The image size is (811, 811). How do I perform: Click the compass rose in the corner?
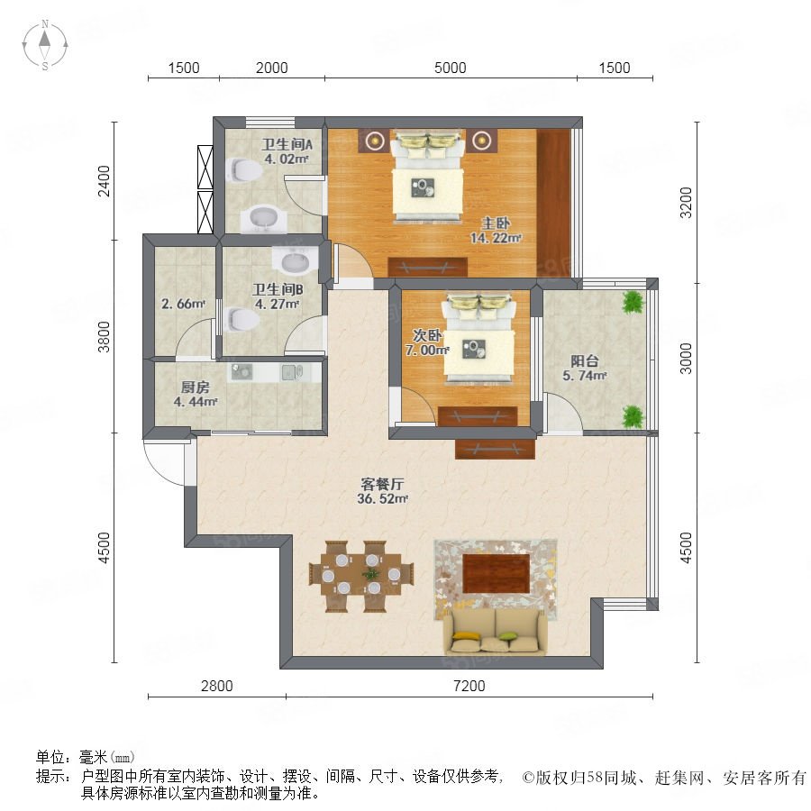(45, 44)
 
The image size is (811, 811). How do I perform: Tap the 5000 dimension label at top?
(450, 68)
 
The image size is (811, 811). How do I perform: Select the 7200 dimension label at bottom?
(469, 686)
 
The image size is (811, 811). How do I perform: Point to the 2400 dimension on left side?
(104, 180)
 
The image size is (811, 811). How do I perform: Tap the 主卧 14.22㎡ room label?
(496, 231)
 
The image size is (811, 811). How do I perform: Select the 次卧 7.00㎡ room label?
(427, 342)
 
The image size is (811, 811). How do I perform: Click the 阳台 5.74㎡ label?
(585, 368)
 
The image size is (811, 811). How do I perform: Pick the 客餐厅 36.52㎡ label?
(382, 491)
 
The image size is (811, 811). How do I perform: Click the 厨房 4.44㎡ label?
(195, 394)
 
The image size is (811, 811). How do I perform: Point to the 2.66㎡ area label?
(183, 304)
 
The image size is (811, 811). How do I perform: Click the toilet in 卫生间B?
(242, 319)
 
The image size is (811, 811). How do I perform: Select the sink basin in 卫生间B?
(295, 260)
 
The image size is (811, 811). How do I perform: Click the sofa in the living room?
(496, 632)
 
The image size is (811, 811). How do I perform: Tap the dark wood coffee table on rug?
(496, 573)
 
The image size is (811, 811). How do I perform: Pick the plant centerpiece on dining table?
(370, 574)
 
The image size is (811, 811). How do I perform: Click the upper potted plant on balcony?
(633, 302)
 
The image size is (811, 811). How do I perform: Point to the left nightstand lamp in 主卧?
(375, 140)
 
